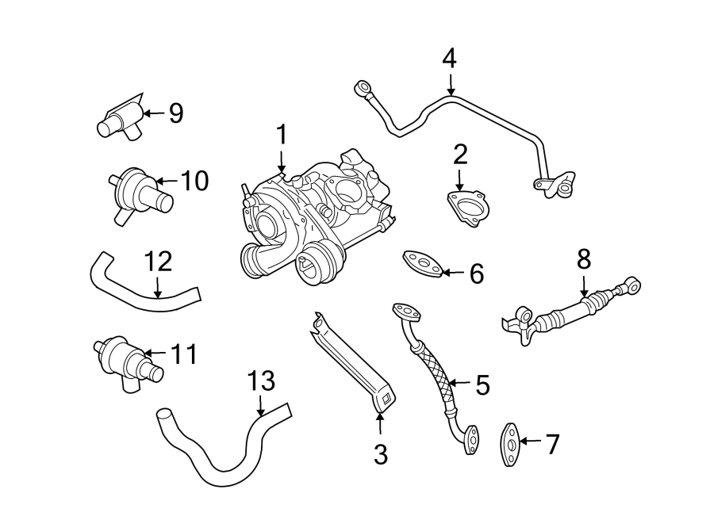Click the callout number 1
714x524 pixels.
[280, 135]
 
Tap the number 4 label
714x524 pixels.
[450, 58]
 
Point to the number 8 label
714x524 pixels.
[584, 258]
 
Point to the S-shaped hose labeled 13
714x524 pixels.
[218, 456]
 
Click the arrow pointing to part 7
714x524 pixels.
[529, 442]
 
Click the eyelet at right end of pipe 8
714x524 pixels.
[633, 282]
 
